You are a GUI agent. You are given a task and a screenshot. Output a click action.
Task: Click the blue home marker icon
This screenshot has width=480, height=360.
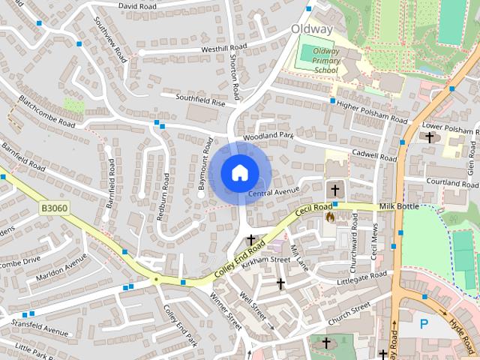pos(238,172)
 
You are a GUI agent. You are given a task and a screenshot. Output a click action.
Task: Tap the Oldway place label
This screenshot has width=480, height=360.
pos(311,29)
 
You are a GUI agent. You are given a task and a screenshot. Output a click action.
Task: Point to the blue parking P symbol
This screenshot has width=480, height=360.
pos(424,324)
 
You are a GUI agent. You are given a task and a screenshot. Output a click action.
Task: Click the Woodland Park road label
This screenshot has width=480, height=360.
pos(268,136)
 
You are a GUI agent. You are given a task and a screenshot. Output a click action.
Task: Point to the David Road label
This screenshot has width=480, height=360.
pos(136,5)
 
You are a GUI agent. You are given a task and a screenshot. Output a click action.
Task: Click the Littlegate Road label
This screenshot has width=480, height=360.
pos(361,277)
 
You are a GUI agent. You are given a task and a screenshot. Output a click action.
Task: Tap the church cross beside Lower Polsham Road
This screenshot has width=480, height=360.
pos(430,137)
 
